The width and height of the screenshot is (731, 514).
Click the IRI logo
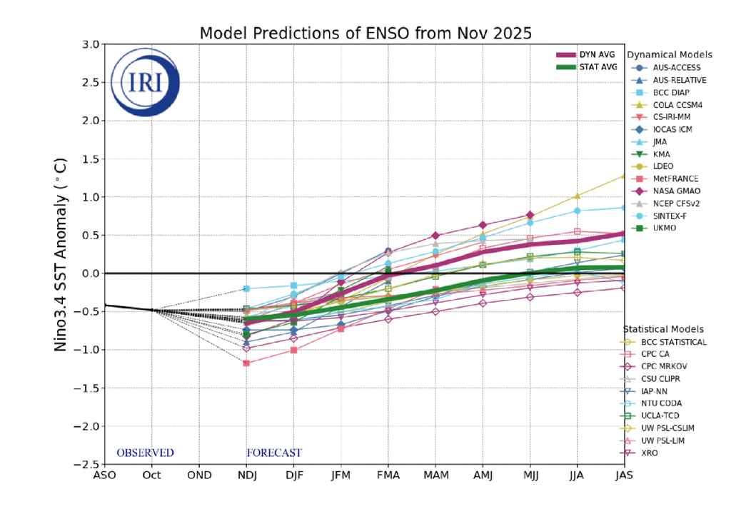146,81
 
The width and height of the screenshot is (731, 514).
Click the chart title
365,34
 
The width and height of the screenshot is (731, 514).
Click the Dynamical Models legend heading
669,55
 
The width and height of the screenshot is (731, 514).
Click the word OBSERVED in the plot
145,453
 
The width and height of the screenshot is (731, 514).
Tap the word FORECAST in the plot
274,453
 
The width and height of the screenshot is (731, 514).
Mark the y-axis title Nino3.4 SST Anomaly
62,253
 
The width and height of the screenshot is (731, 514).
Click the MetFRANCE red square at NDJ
246,363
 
